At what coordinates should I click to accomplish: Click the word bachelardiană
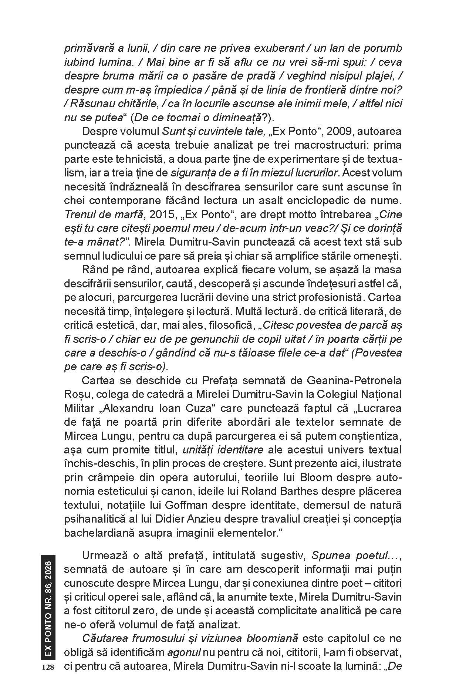coord(102,533)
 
